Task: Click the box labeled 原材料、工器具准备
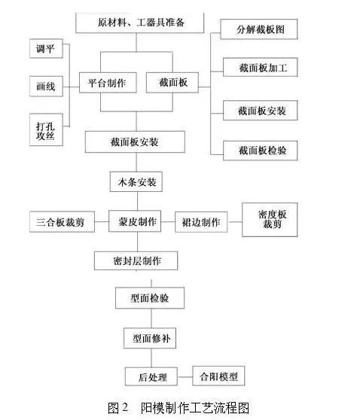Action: (139, 23)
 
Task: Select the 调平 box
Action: (46, 48)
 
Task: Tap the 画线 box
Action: (46, 87)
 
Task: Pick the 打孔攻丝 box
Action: (46, 130)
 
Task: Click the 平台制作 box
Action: (108, 83)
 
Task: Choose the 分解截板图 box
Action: (259, 29)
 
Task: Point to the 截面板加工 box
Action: (261, 67)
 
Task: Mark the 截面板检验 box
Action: (261, 151)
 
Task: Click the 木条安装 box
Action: (136, 182)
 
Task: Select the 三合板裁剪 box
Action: (62, 222)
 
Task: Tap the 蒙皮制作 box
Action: (135, 221)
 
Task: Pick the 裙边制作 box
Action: (201, 222)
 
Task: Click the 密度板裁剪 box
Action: (270, 220)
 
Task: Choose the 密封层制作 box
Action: (136, 260)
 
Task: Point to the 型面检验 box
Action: (150, 298)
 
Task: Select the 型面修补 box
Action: (150, 338)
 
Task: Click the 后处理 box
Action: (151, 376)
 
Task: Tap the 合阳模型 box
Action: (218, 376)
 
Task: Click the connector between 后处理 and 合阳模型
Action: (185, 377)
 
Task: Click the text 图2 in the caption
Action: (118, 408)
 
